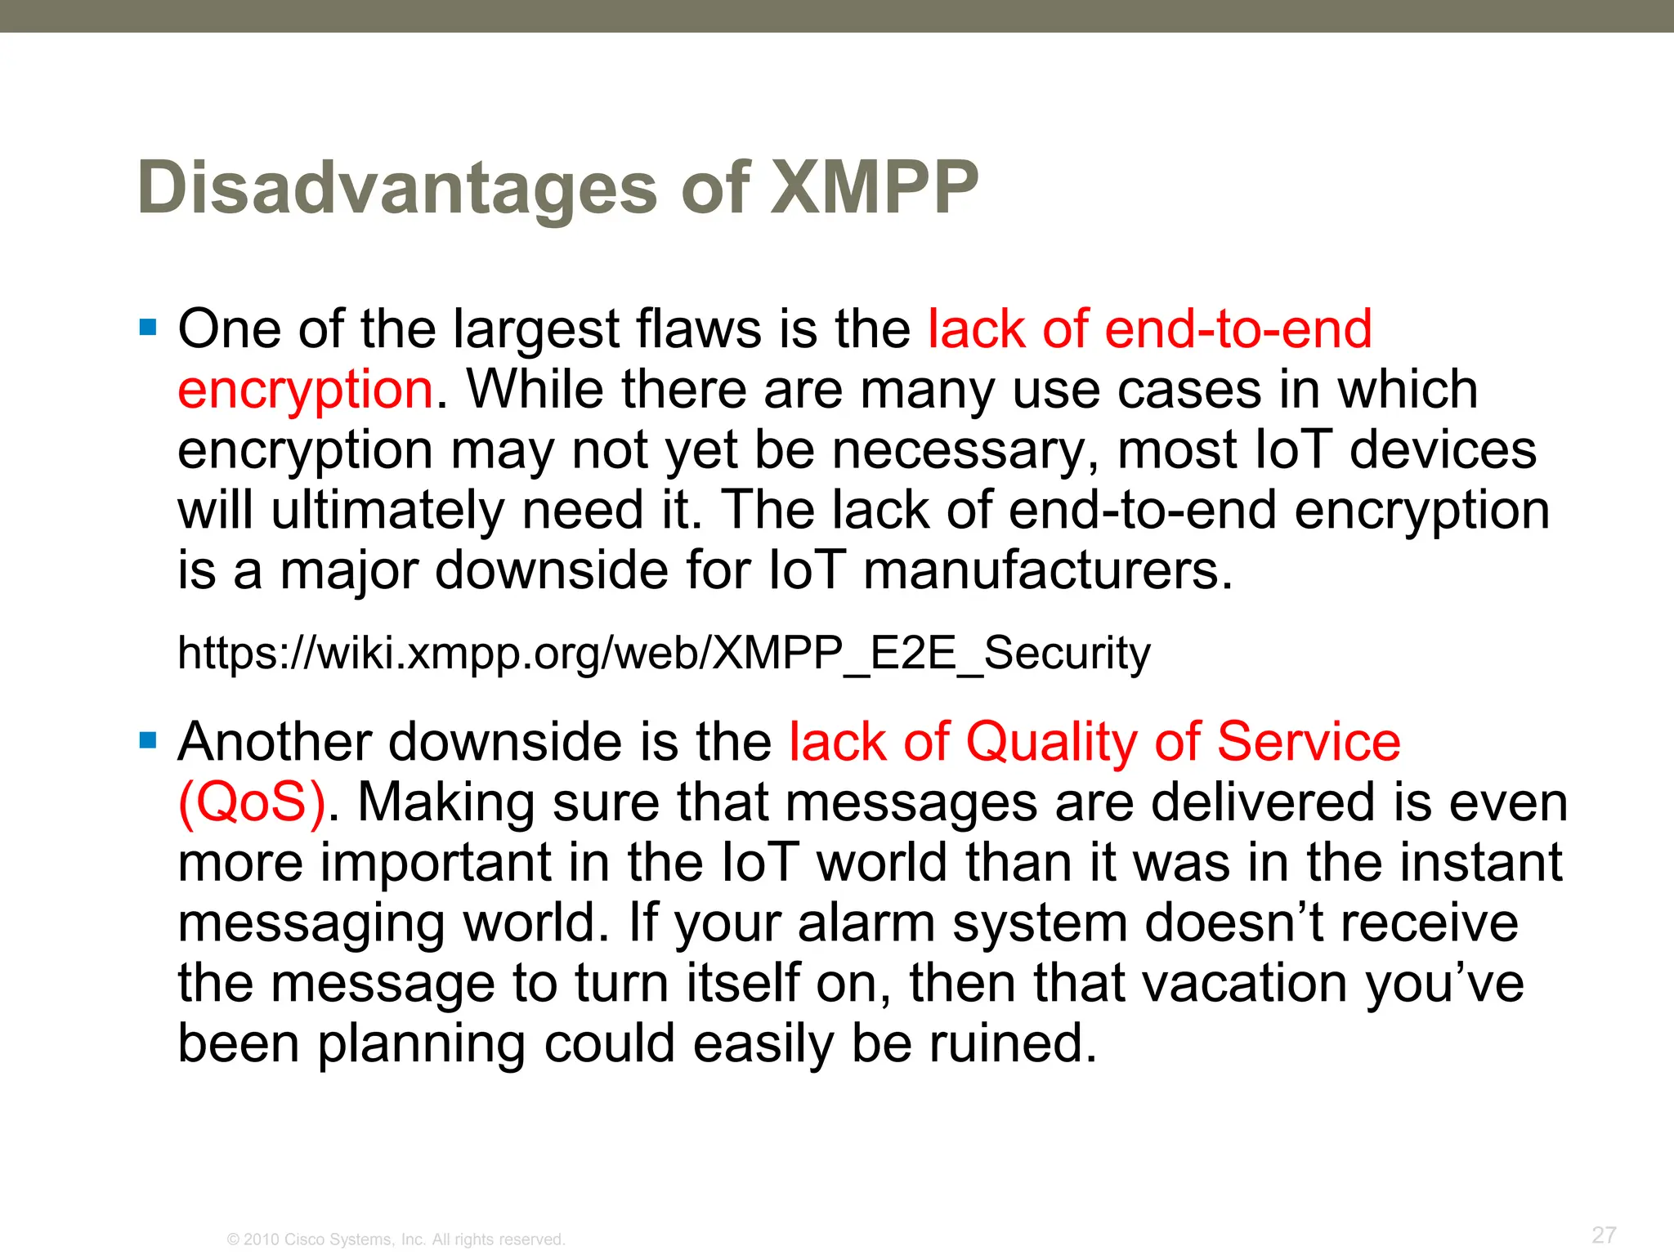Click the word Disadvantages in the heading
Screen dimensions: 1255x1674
(397, 188)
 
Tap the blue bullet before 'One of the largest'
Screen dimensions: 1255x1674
(148, 328)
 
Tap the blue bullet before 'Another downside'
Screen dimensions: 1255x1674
(148, 741)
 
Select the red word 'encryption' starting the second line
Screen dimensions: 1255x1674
(305, 390)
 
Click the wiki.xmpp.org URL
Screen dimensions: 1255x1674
(664, 653)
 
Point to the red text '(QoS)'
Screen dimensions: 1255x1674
(252, 802)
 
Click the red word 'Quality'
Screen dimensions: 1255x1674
(1051, 742)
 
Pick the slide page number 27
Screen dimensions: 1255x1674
(1604, 1235)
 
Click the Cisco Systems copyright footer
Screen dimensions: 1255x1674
(396, 1239)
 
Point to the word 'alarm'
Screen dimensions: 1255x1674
(866, 923)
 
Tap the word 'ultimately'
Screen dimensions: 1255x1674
(387, 511)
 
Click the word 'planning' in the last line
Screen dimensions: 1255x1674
(421, 1044)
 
